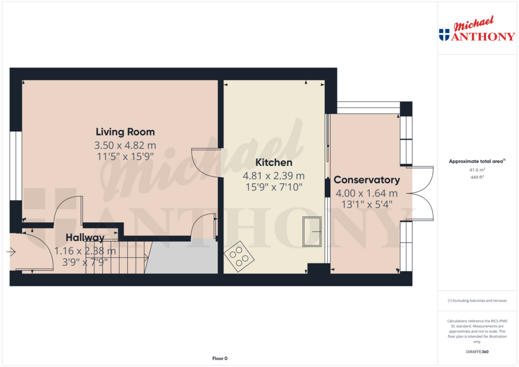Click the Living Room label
[125, 132]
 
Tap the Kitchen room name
[274, 162]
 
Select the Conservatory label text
[366, 180]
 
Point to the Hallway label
[85, 237]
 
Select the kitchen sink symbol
[312, 231]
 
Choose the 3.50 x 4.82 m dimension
[125, 145]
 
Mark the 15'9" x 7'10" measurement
[274, 187]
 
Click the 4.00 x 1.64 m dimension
[366, 193]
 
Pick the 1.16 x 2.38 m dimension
[85, 251]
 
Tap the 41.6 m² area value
[477, 170]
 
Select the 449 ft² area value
[477, 177]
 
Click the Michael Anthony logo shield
[444, 34]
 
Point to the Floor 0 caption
[219, 358]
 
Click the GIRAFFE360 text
[477, 352]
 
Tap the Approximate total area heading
[476, 161]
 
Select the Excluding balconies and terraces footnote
[477, 301]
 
